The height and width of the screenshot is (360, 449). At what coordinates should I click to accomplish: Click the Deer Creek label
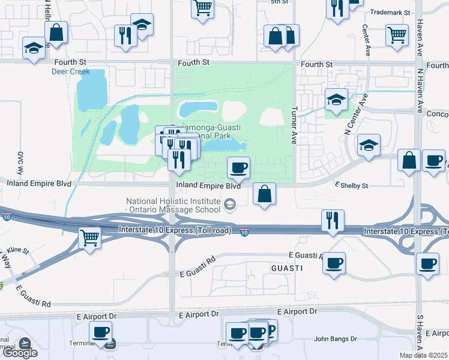pos(71,72)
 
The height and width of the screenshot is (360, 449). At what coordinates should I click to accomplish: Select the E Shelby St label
pos(351,186)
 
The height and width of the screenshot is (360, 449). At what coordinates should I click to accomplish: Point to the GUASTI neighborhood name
pos(286,268)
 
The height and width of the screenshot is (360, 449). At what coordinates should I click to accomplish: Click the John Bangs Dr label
pos(335,339)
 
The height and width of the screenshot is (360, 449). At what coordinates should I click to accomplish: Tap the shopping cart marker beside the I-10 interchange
pos(89,238)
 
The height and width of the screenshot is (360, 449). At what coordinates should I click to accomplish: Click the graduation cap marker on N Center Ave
pos(369,145)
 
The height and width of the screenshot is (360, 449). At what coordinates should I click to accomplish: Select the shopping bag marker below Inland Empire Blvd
pos(264,194)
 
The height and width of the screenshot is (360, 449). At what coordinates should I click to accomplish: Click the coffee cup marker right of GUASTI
pos(334,262)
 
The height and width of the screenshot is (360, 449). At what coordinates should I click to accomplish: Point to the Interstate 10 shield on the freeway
pos(244,232)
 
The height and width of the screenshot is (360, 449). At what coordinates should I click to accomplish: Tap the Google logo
pos(20,353)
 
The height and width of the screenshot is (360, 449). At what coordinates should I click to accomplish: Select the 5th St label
pos(279,2)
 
